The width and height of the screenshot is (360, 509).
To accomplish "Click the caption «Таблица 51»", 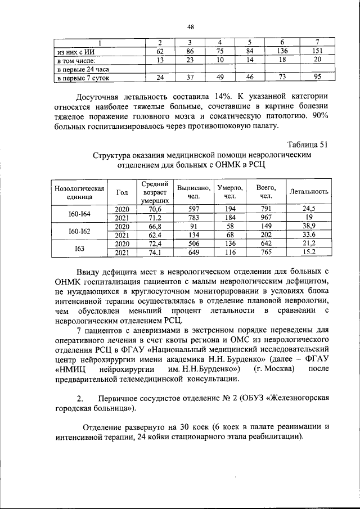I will tap(307, 145).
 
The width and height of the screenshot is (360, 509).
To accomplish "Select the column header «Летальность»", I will tap(308, 192).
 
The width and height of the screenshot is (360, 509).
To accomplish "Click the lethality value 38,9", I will tap(308, 227).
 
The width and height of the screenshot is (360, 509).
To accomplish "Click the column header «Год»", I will tap(122, 192).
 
